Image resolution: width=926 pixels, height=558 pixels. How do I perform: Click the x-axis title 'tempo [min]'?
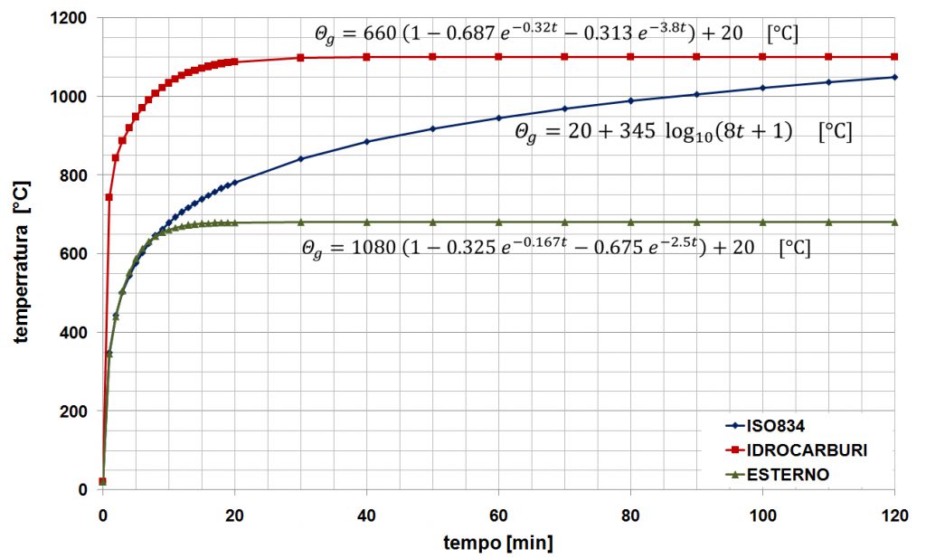click(498, 543)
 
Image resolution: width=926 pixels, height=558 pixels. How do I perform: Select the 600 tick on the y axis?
click(79, 254)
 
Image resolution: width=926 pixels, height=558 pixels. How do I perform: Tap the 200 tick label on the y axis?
click(79, 411)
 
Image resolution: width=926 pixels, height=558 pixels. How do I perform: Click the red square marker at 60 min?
click(498, 57)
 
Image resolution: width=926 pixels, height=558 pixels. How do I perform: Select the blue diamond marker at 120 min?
click(894, 77)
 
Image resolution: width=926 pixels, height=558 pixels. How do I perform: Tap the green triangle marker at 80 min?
click(630, 222)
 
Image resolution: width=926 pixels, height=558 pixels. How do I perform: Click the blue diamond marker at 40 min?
click(366, 141)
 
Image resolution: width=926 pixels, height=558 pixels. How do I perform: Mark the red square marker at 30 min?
click(300, 58)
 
